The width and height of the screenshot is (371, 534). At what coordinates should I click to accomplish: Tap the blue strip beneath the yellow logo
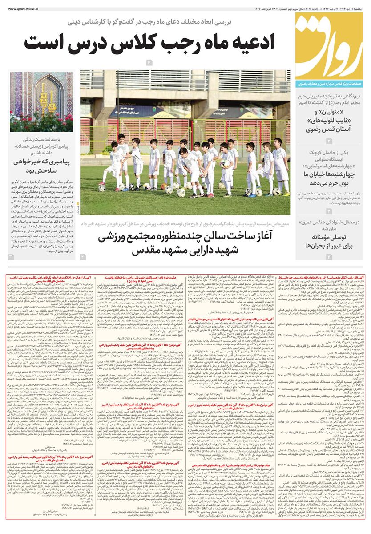click(x=330, y=83)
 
